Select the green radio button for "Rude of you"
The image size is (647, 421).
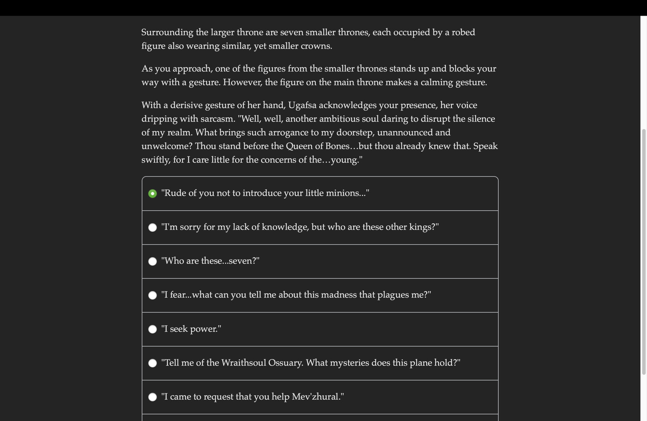(x=152, y=194)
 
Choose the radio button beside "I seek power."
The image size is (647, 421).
(x=152, y=329)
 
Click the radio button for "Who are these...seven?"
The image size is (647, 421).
(x=152, y=262)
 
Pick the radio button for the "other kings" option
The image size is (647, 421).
(x=152, y=228)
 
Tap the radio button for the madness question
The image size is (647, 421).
(x=152, y=295)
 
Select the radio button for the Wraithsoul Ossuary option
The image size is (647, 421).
(x=152, y=363)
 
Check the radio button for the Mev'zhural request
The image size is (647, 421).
(x=152, y=397)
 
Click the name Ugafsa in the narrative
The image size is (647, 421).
(x=302, y=105)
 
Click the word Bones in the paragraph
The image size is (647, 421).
(x=337, y=146)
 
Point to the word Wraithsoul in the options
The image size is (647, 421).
(x=243, y=363)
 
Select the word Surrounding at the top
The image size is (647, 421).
(x=167, y=32)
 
